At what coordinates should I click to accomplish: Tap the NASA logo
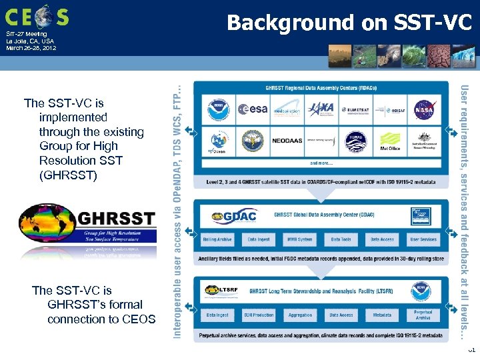pyautogui.click(x=424, y=109)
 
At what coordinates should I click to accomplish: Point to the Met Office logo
pyautogui.click(x=390, y=141)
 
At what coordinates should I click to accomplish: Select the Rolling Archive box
pyautogui.click(x=218, y=239)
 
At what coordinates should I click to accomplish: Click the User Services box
pyautogui.click(x=423, y=239)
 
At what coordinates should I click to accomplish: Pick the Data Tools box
pyautogui.click(x=341, y=239)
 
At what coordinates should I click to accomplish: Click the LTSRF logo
pyautogui.click(x=224, y=291)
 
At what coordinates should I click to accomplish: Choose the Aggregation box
pyautogui.click(x=300, y=315)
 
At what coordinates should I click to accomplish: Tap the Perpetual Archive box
pyautogui.click(x=423, y=315)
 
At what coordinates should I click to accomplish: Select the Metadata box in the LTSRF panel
pyautogui.click(x=382, y=315)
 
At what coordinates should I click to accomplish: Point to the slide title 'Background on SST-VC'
pyautogui.click(x=349, y=23)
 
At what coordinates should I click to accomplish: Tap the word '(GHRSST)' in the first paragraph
pyautogui.click(x=68, y=175)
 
